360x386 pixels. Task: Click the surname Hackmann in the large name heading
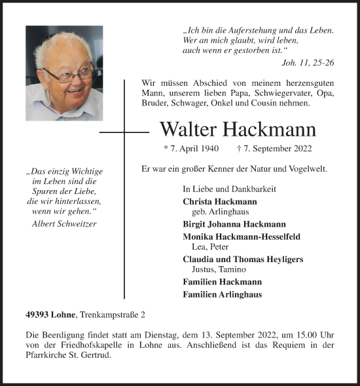[x=270, y=130]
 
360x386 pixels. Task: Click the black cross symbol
[x=124, y=132]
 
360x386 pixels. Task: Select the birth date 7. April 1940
[x=192, y=149]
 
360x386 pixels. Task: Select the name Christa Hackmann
[x=220, y=202]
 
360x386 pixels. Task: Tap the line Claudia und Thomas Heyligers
[x=243, y=259]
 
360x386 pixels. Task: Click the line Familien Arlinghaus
[x=223, y=294]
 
